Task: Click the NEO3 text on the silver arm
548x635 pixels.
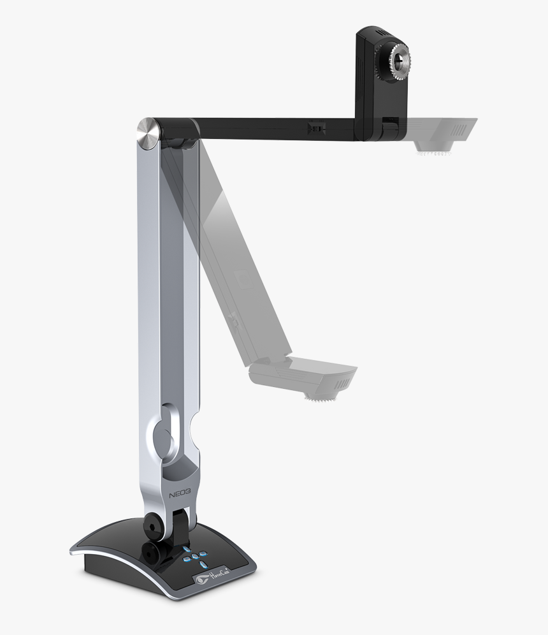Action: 181,494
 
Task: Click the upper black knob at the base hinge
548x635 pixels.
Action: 154,523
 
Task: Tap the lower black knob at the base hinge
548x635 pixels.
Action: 151,550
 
